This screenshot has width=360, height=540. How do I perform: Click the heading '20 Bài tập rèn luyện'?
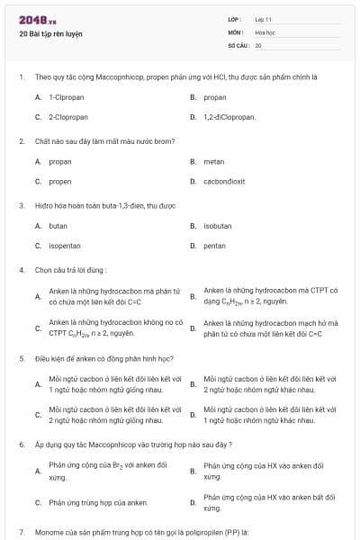(50, 34)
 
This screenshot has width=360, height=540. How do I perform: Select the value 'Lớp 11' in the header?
(263, 19)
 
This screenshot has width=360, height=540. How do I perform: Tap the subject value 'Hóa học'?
(265, 31)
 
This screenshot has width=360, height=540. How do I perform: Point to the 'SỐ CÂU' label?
(238, 44)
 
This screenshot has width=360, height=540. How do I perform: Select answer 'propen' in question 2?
(60, 181)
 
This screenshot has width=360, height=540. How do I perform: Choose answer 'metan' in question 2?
(213, 161)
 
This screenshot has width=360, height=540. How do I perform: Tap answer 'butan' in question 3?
(58, 226)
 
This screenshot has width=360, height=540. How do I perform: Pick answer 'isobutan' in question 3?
(218, 226)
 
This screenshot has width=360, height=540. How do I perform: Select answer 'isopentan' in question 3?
(65, 246)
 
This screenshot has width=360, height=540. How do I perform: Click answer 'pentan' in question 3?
(215, 246)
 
